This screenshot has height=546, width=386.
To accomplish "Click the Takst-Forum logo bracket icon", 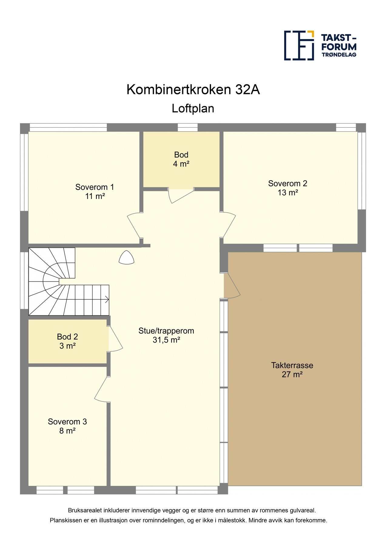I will pyautogui.click(x=299, y=45).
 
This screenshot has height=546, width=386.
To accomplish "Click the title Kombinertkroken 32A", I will pyautogui.click(x=193, y=90).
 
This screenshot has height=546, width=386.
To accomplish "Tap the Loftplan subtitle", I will pyautogui.click(x=193, y=109).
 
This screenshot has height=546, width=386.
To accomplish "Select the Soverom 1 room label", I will pyautogui.click(x=95, y=187).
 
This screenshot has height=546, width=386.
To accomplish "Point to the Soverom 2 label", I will pyautogui.click(x=287, y=184).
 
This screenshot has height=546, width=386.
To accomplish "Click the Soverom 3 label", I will pyautogui.click(x=67, y=422).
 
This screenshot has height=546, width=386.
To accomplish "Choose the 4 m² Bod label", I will pyautogui.click(x=181, y=160).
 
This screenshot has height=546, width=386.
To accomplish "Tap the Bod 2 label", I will pyautogui.click(x=67, y=337).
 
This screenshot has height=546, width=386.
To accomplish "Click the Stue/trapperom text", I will pyautogui.click(x=166, y=331).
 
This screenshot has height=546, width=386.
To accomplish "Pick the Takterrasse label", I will pyautogui.click(x=292, y=365).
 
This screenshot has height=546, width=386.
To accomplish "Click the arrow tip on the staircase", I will pyautogui.click(x=108, y=300).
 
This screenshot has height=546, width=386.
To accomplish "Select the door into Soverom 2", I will pyautogui.click(x=229, y=225).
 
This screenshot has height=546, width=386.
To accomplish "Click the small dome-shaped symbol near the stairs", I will pyautogui.click(x=126, y=258).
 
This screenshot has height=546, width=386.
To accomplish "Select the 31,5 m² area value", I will pyautogui.click(x=166, y=340).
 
